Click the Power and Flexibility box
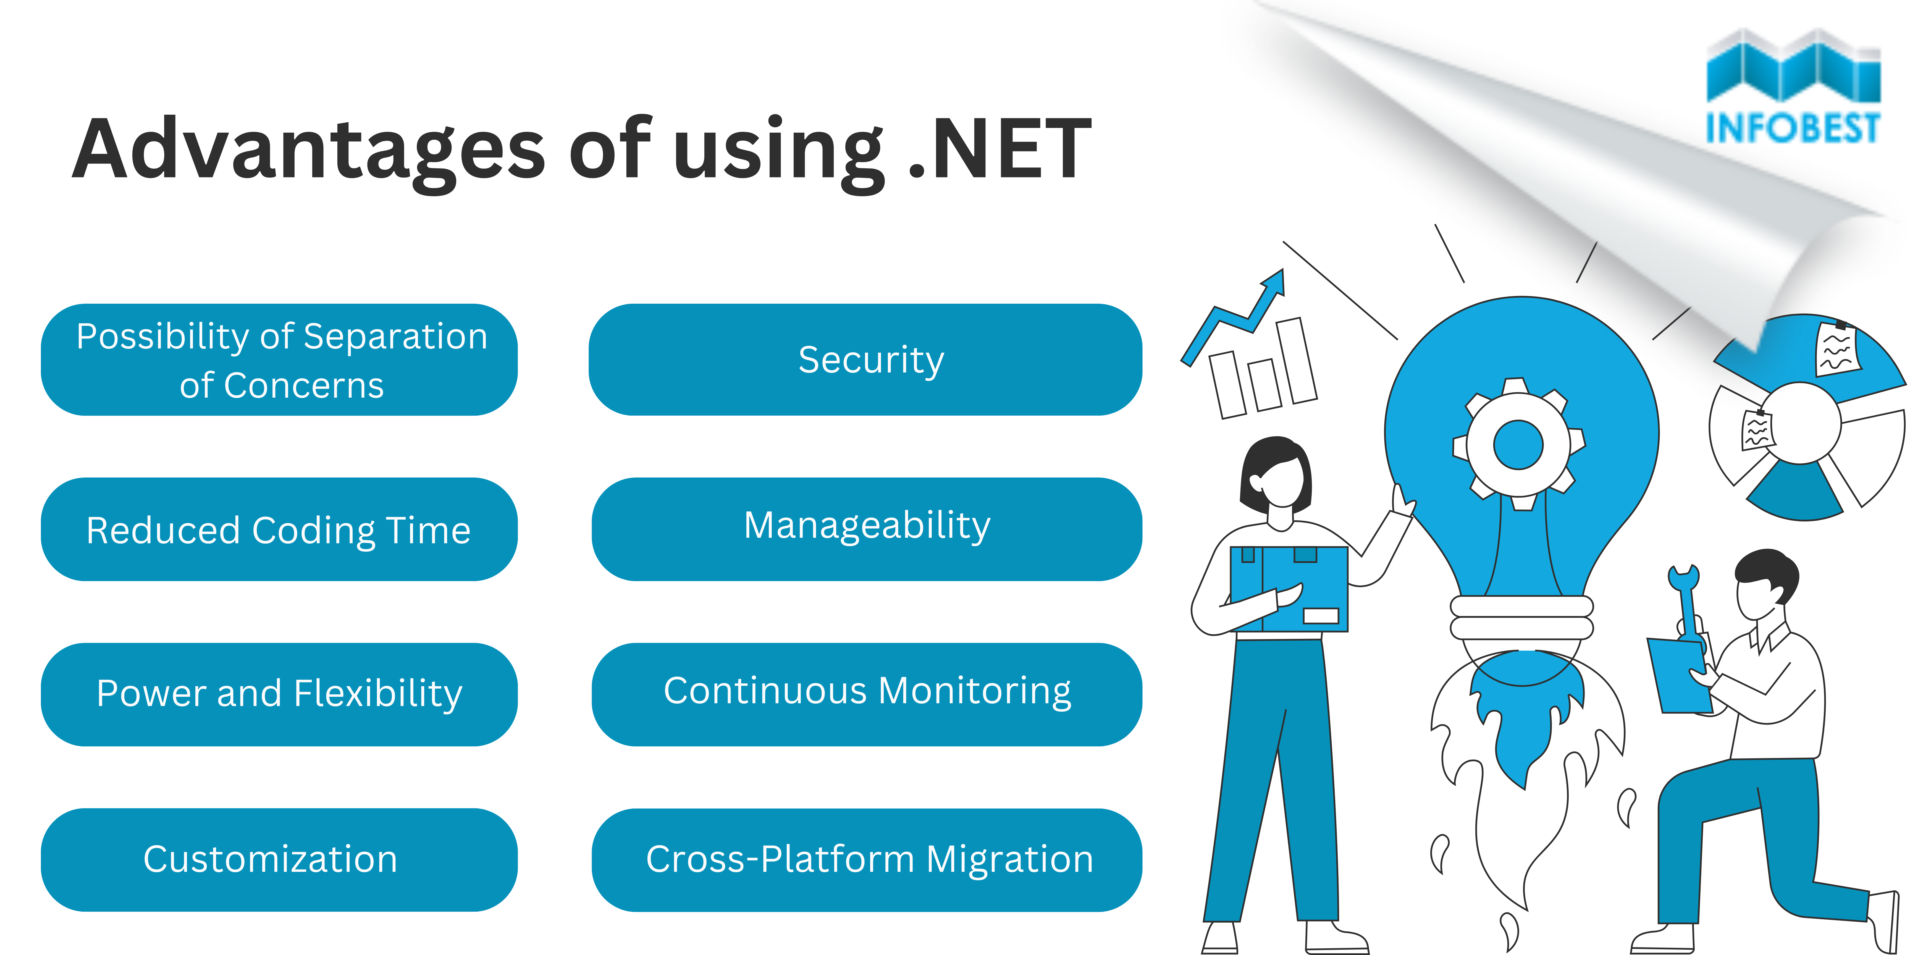[279, 694]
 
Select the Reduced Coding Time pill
[279, 529]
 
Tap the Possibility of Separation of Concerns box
[279, 360]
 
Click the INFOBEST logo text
[1793, 128]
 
